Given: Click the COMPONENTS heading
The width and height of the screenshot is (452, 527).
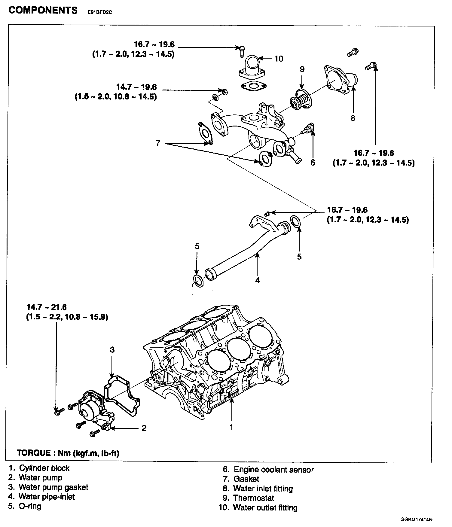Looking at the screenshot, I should coord(43,11).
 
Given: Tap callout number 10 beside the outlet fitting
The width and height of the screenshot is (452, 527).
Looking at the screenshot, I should coord(279,59).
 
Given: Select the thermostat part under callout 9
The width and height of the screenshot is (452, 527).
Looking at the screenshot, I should coord(300,100).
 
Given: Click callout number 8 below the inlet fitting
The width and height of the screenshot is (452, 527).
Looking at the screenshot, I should coord(353,118).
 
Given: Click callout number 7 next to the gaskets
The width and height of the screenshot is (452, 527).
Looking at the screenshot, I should coord(158,143).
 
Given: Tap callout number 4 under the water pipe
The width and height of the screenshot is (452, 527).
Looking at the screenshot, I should coord(257,280).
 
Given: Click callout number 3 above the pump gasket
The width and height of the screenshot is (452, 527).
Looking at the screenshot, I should coord(112,349).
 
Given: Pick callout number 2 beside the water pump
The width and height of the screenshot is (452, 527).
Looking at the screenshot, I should coord(144,428).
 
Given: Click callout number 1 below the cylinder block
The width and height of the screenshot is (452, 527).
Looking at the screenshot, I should coord(231,427).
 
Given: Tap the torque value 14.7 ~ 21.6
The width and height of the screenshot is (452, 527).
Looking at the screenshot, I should coord(47,307).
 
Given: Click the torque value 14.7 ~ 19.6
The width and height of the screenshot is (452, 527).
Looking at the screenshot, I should coord(136,87).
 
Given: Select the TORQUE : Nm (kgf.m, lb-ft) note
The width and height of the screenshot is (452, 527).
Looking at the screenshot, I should coord(68,453).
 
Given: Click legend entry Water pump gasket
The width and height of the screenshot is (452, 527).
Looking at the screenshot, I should coord(53,487).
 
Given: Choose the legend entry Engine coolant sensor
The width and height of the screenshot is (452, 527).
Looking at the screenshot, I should coord(273,470).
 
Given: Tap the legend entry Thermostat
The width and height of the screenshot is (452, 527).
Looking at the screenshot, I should coord(253,498).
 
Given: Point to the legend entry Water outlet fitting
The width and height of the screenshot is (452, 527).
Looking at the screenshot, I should coord(265,507).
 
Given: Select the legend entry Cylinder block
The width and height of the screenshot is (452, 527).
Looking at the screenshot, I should coord(44,468).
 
